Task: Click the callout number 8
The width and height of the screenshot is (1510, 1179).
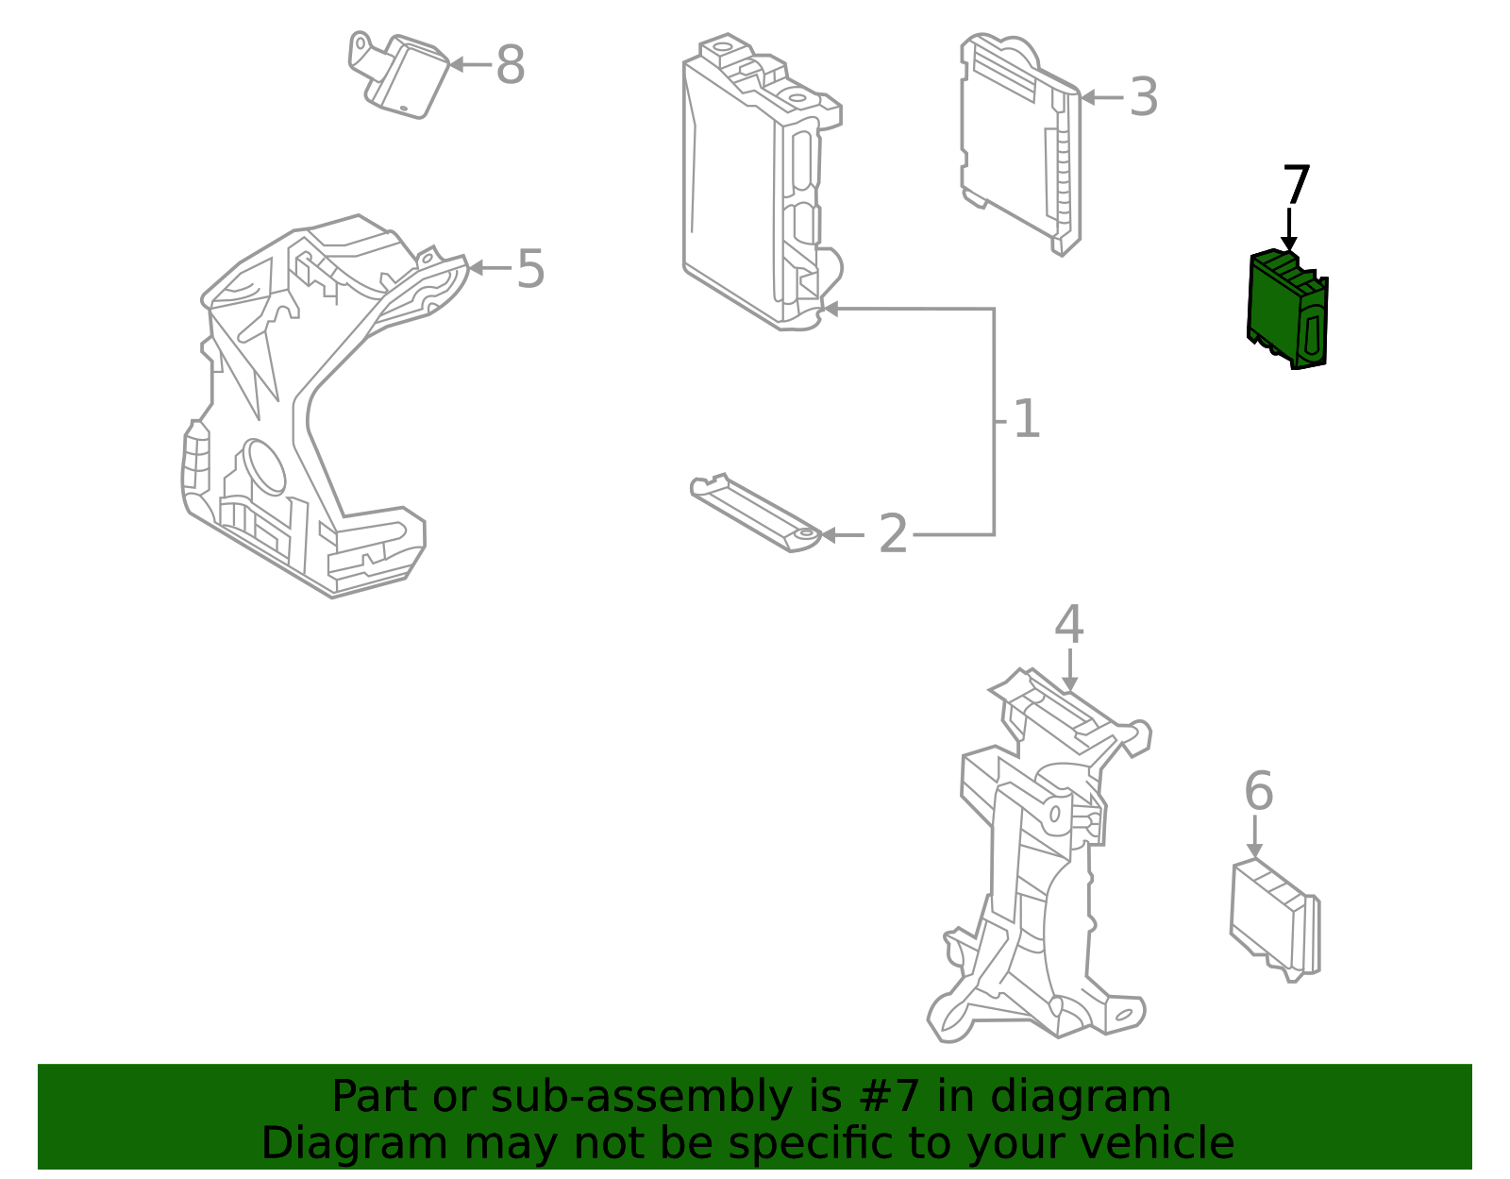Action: (x=510, y=66)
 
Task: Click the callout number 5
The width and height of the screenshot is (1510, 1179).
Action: (x=530, y=269)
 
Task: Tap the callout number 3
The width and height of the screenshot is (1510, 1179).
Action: (x=1143, y=98)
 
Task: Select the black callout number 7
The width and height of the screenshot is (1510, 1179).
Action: (x=1297, y=186)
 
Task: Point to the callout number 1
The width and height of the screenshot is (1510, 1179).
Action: (x=1026, y=419)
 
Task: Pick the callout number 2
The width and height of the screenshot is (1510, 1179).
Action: (x=892, y=535)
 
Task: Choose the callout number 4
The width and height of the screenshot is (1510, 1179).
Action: (x=1068, y=626)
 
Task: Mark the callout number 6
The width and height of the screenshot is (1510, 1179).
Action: (x=1258, y=791)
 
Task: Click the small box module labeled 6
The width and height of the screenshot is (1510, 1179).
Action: (x=1274, y=920)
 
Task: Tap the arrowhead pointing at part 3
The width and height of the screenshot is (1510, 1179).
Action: (x=1087, y=97)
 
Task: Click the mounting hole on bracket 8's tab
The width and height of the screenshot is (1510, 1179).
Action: (x=360, y=42)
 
